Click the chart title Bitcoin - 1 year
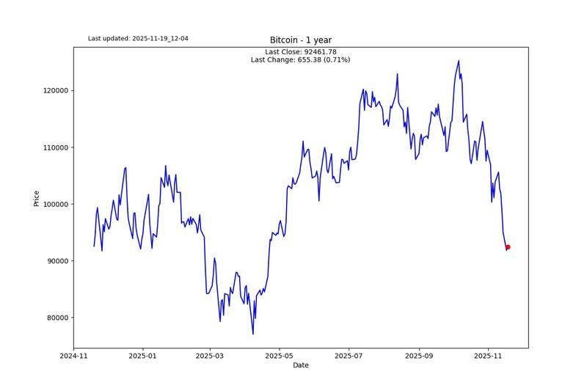tap(301, 40)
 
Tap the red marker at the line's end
tap(507, 247)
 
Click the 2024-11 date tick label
tap(73, 356)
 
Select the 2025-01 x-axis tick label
tap(142, 356)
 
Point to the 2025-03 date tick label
tap(210, 356)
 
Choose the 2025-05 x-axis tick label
tap(279, 356)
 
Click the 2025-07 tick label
tap(349, 356)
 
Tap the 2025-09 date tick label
tap(419, 356)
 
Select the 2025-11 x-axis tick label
tap(488, 356)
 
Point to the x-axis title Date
tap(301, 365)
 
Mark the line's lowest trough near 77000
tap(253, 335)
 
